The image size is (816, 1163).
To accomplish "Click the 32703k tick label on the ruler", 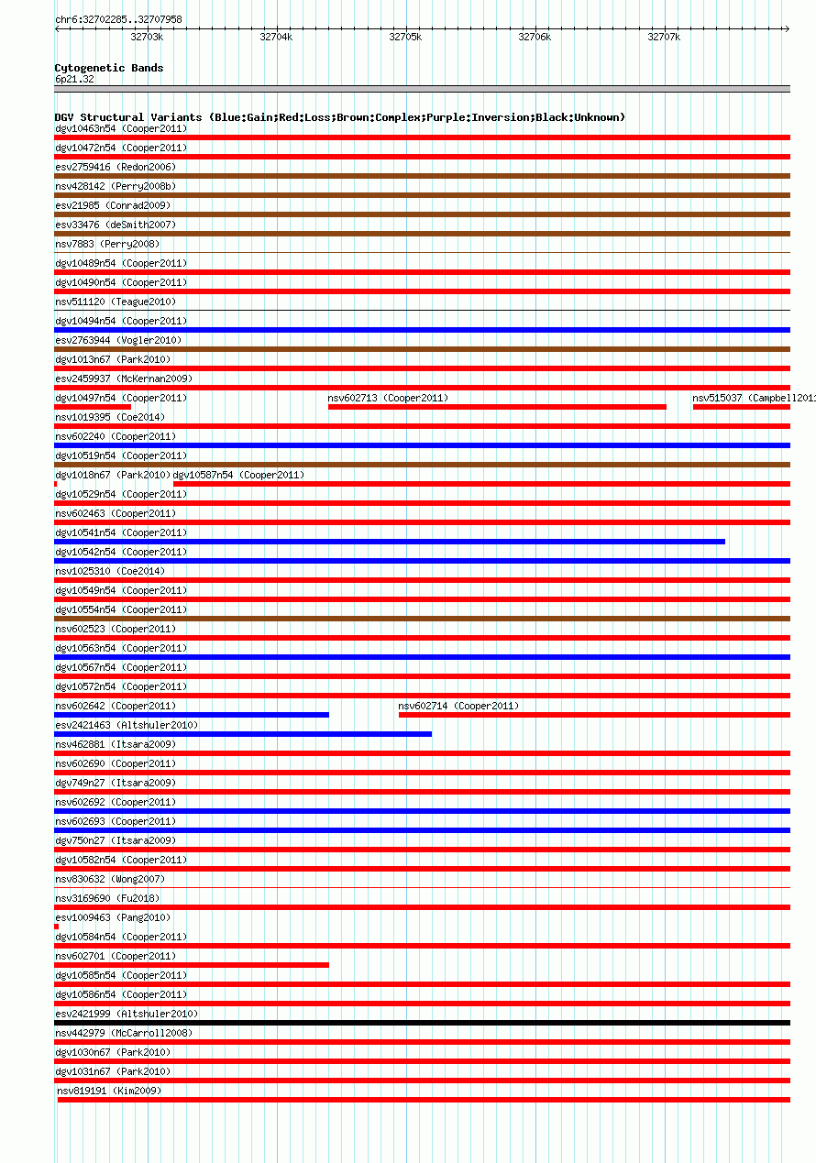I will point(147,37).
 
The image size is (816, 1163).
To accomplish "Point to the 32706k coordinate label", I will point(535,37).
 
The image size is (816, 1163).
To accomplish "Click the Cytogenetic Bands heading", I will point(109,68).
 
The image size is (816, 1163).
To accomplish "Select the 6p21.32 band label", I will point(74,79).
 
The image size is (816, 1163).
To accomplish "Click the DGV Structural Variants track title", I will point(339,117).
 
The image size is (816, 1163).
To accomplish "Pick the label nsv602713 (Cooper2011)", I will point(388,398).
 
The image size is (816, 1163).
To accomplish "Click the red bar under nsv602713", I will point(497,407).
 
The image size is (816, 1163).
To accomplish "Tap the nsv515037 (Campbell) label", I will point(752,398).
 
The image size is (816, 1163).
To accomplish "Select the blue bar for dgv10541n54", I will point(390,542).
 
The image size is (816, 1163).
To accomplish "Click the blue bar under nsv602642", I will point(192,715).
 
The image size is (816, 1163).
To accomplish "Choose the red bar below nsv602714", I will point(594,715).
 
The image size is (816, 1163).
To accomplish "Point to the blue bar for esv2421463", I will point(243,734).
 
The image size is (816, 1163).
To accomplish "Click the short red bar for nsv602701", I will point(192,965).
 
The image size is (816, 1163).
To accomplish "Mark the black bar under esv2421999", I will point(422,1023).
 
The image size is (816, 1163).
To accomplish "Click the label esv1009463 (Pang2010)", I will point(113,917).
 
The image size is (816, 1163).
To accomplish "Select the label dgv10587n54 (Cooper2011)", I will point(238,475).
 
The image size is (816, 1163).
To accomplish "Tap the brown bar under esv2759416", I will point(422,176).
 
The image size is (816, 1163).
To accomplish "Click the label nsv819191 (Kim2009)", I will point(109,1091).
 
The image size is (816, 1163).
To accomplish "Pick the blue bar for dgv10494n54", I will point(422,330).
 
